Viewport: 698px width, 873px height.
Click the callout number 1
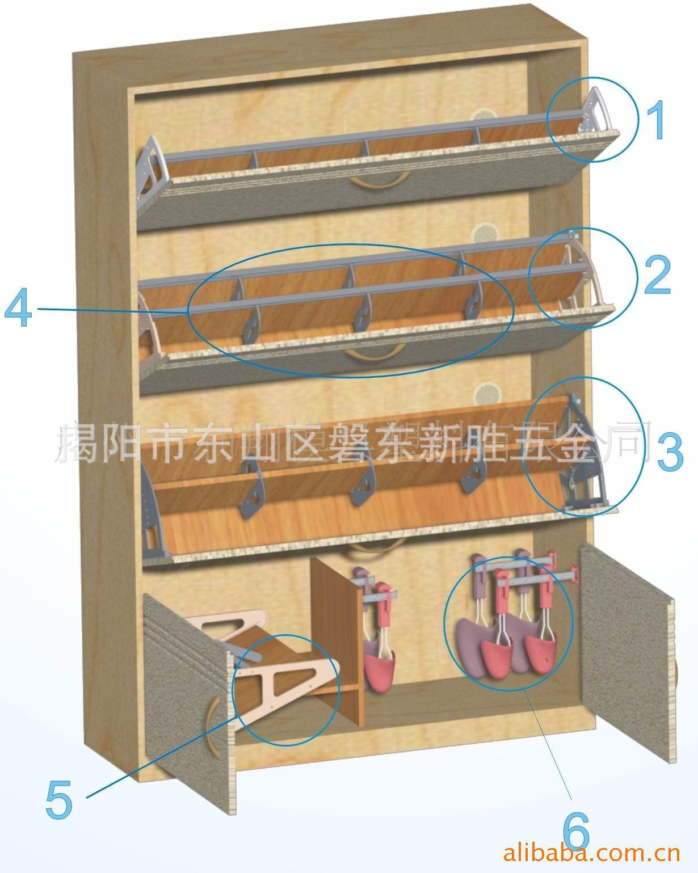pyautogui.click(x=657, y=120)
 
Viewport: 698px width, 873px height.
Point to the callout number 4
pyautogui.click(x=18, y=310)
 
